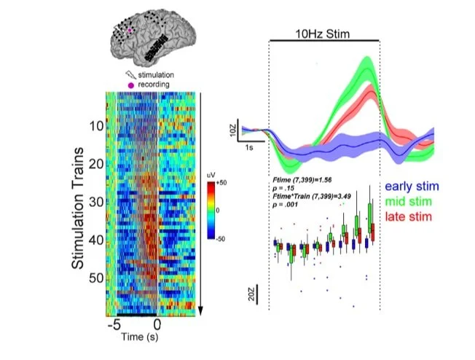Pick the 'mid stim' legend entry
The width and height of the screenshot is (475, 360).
pyautogui.click(x=412, y=200)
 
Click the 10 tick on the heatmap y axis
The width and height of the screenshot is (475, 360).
pyautogui.click(x=95, y=126)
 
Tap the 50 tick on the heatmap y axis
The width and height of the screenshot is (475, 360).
pyautogui.click(x=95, y=278)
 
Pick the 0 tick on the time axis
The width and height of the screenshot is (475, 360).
pyautogui.click(x=158, y=325)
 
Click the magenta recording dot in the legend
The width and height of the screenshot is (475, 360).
pyautogui.click(x=131, y=85)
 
